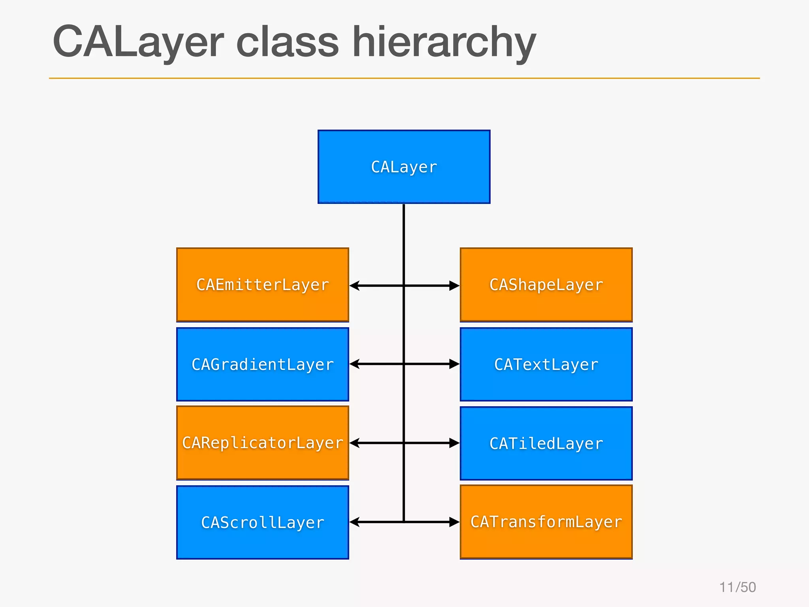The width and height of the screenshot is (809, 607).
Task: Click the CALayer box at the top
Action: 404,167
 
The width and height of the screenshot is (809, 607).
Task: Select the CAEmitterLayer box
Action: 262,285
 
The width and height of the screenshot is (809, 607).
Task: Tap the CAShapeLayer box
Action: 546,285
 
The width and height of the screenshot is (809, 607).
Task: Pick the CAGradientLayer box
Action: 262,364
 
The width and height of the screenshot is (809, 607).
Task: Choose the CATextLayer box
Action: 546,364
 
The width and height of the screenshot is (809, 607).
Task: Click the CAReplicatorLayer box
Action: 262,443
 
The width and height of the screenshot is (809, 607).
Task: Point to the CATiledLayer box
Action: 546,443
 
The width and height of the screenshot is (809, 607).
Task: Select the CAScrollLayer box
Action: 262,522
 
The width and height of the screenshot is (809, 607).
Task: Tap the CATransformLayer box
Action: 546,522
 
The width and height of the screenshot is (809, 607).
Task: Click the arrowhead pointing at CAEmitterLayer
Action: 355,285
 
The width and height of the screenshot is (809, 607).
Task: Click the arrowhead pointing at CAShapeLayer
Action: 454,285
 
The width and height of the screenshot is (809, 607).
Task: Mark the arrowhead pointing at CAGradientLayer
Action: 355,364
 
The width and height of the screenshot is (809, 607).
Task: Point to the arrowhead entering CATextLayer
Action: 454,364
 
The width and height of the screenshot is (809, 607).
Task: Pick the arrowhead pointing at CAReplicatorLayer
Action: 355,443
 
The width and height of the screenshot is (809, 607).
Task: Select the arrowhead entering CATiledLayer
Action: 454,443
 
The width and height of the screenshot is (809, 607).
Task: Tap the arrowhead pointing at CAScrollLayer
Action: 355,522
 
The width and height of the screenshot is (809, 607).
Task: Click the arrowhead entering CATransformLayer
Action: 454,522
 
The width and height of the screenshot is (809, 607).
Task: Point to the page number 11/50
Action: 738,587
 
